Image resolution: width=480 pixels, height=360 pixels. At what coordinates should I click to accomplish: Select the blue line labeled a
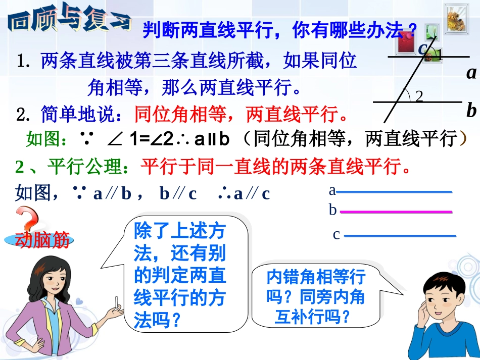pos(394,192)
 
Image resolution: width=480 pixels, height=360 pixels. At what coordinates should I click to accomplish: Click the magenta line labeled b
pos(396,212)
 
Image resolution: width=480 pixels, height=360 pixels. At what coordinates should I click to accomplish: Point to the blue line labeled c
pos(399,236)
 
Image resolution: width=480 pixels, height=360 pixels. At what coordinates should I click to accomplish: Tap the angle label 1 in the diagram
pos(440,55)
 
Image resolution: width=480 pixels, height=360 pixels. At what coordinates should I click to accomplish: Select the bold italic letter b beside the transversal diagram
pos(471,110)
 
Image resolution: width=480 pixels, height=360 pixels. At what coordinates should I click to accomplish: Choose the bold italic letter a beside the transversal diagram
pos(471,74)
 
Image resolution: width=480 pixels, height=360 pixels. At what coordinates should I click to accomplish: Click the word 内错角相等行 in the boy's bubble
pos(316,277)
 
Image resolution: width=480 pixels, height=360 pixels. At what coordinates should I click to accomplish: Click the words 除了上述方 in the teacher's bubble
pos(179,233)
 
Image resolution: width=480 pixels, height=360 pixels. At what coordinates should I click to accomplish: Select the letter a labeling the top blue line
pos(332,190)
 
